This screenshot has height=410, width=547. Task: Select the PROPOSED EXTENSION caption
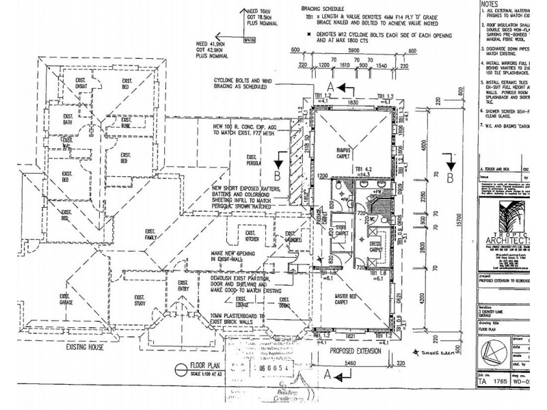click(x=353, y=349)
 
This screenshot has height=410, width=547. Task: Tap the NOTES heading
click(x=491, y=4)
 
